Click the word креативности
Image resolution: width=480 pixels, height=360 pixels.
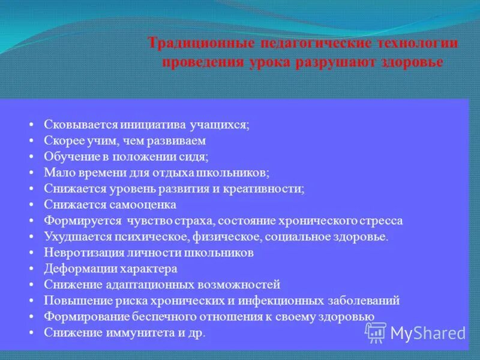click(266, 188)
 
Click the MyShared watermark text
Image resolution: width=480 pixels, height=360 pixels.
click(428, 333)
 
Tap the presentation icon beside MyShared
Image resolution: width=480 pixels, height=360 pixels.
click(376, 332)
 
